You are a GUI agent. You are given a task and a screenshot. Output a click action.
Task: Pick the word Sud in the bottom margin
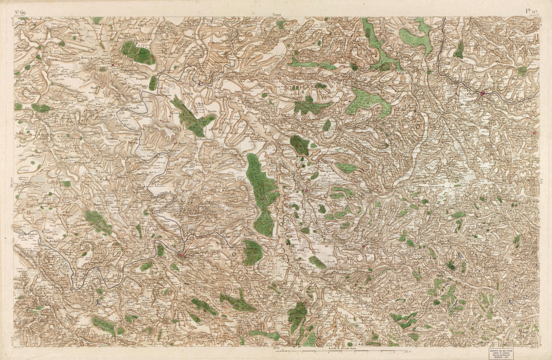click(x=276, y=347)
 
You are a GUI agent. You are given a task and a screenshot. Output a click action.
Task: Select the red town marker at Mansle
click(x=200, y=83)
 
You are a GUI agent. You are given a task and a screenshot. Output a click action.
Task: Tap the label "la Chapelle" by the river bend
click(x=131, y=108)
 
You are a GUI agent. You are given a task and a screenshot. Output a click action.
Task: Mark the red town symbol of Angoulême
click(x=181, y=255)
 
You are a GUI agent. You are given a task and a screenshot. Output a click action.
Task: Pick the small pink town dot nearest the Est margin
click(x=535, y=133)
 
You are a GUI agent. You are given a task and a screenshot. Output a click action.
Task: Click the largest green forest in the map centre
click(x=262, y=193)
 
